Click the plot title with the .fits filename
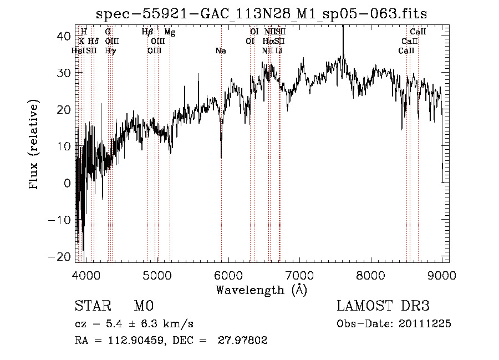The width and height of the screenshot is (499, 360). click(261, 13)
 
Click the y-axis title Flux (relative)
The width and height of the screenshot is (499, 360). click(34, 145)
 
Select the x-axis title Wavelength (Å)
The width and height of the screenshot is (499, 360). click(261, 290)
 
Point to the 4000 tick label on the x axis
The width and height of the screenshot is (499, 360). click(86, 275)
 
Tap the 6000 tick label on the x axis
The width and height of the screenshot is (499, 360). click(228, 275)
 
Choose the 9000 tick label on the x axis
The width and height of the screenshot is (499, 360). click(441, 275)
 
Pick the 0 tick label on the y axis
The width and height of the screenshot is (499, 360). click(67, 183)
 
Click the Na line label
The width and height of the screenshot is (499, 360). click(221, 51)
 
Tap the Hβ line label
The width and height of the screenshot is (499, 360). click(147, 33)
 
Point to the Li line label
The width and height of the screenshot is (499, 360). click(279, 51)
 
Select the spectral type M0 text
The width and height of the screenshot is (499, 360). click(143, 306)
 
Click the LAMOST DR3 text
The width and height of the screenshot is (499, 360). click(383, 306)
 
